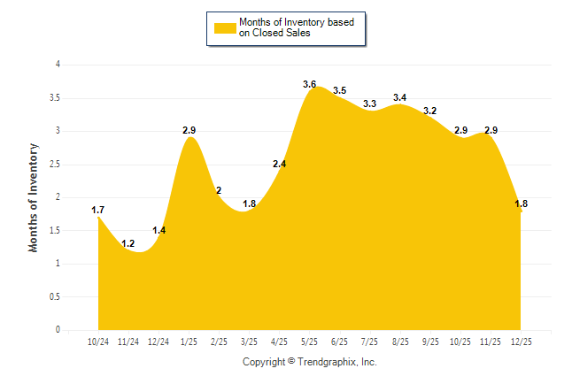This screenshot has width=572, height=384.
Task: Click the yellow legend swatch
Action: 223,27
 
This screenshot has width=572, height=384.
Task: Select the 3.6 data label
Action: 309,84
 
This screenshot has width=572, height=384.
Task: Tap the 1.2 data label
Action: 128,243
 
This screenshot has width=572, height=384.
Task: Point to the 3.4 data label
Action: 399,97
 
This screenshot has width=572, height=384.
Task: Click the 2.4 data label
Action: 279,164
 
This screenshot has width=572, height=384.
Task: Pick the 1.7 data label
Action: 98,210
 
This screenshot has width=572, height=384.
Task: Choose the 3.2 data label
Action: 430,111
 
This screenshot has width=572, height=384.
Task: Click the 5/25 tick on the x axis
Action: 309,341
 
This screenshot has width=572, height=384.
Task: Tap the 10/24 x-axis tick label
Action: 98,341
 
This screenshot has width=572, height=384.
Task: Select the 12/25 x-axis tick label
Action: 521,341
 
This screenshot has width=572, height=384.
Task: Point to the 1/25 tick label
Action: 189,341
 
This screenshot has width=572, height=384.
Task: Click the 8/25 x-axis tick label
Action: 399,341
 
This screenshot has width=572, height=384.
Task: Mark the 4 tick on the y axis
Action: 58,65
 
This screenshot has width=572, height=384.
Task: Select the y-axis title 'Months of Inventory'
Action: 34,197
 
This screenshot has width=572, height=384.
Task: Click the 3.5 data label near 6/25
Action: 339,90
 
